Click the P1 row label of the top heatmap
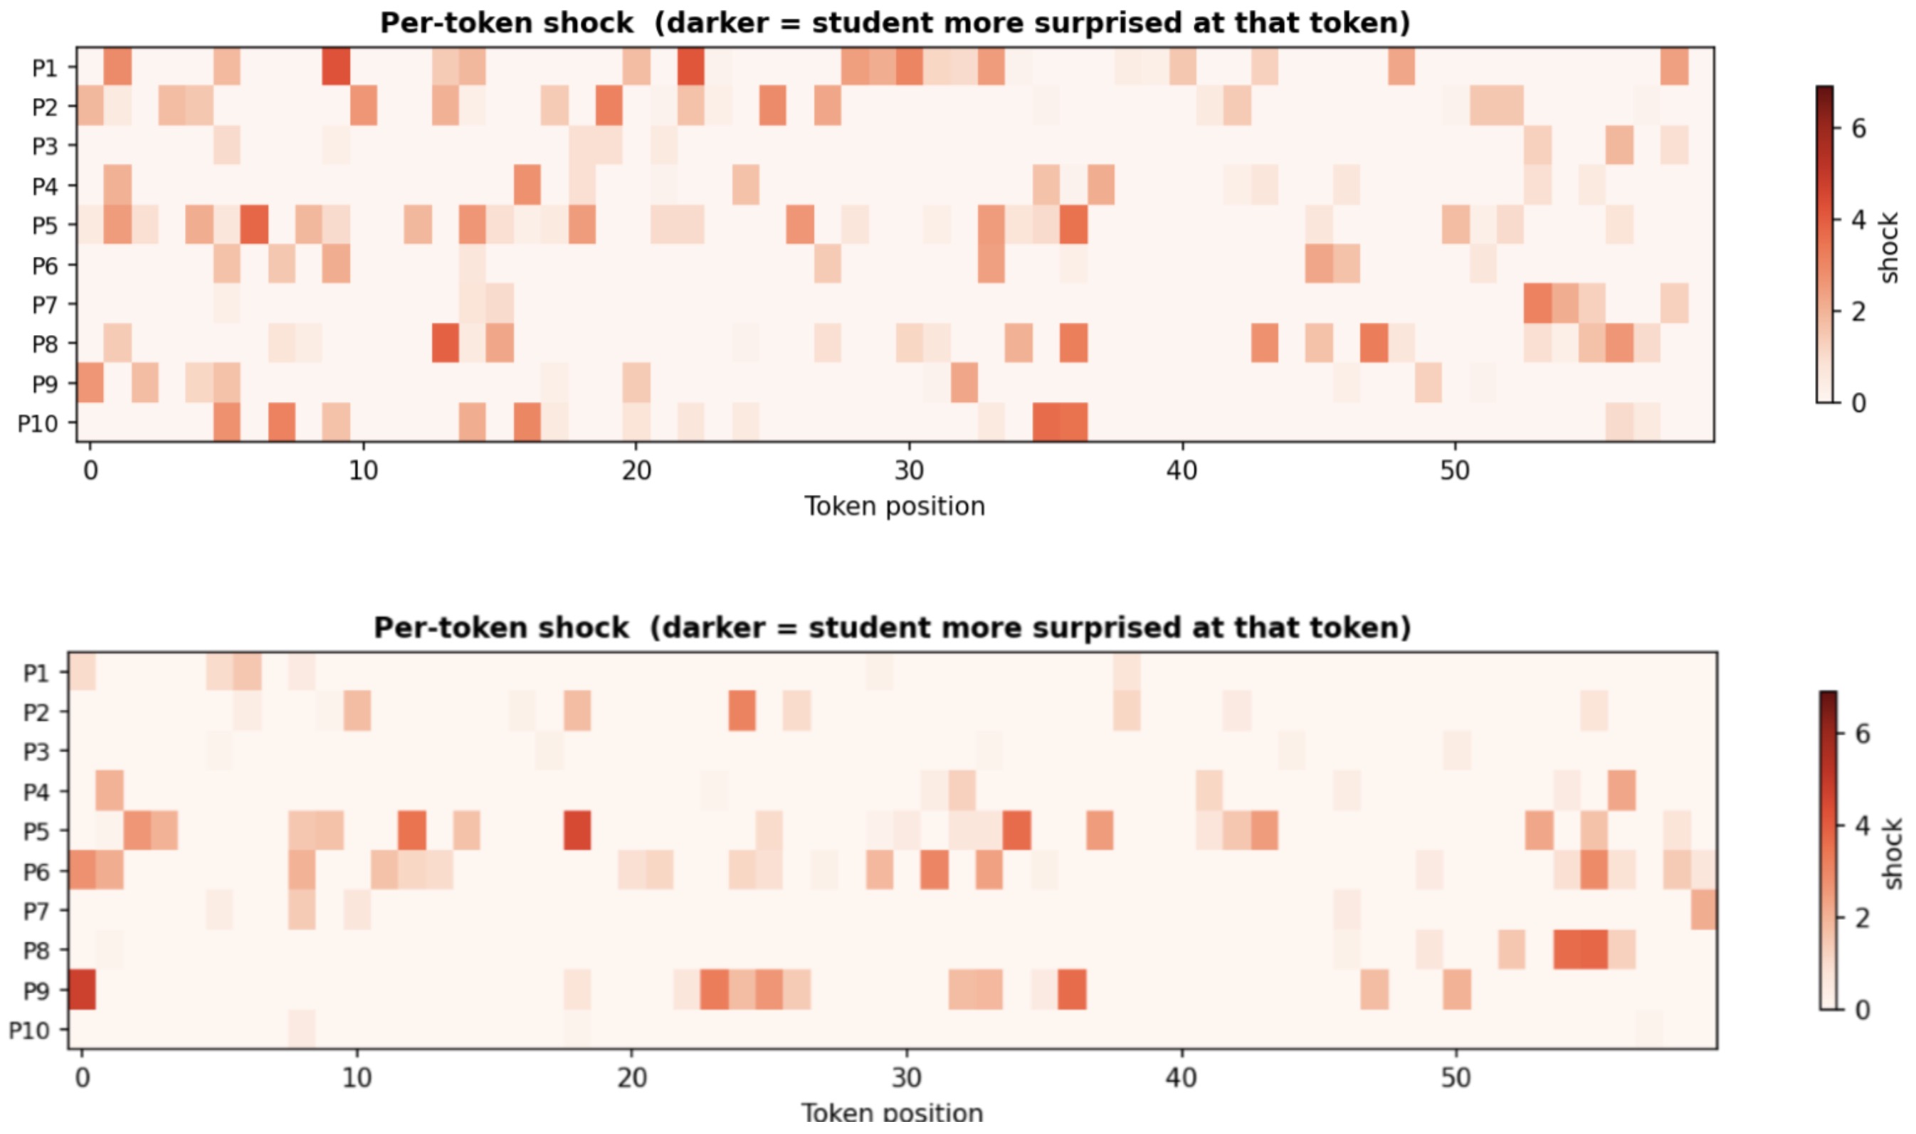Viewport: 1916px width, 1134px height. [x=44, y=68]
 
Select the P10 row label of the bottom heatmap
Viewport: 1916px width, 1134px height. [x=29, y=1031]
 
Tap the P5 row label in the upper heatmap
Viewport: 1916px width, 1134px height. [x=44, y=226]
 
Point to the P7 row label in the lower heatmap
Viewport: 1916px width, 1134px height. [x=36, y=911]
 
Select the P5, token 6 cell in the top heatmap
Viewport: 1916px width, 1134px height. [x=253, y=225]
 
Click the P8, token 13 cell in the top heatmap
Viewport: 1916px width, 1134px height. [x=445, y=343]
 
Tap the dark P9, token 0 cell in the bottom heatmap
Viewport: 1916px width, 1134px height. [x=82, y=990]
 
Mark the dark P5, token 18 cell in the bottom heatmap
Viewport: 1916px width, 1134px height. [x=577, y=831]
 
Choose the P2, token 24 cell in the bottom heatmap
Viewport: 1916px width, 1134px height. [x=742, y=711]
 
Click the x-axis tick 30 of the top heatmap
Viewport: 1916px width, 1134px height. [x=909, y=471]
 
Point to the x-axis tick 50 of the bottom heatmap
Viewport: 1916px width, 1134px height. [x=1456, y=1078]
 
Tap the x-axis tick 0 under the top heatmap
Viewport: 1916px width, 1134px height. [x=90, y=471]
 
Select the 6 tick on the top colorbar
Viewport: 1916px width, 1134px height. [x=1858, y=128]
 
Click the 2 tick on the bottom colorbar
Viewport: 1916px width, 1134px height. [x=1863, y=918]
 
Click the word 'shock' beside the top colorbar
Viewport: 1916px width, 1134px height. [x=1888, y=248]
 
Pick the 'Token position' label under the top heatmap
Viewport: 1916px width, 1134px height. [x=894, y=507]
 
